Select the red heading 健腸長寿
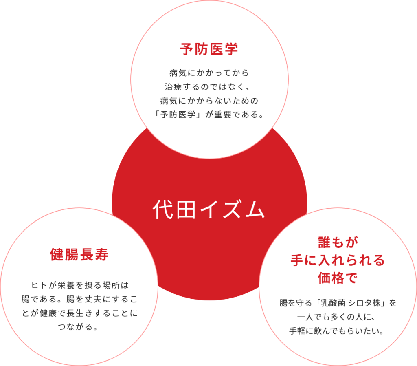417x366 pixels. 79,255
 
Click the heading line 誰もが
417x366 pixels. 337,243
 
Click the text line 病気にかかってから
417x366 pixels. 209,73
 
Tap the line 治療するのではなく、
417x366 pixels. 209,87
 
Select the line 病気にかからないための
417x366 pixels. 209,100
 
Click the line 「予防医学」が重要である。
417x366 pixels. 209,114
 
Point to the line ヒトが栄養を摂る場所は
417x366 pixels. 79,284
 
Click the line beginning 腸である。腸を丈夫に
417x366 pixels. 79,298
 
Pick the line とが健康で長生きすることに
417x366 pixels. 79,312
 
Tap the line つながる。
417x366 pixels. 79,326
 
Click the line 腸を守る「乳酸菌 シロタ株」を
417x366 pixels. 337,303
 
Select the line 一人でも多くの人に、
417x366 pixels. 337,317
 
